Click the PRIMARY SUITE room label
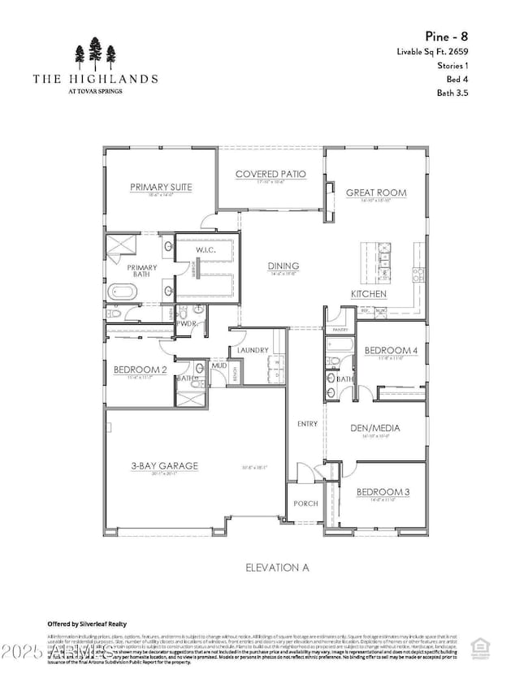pyautogui.click(x=161, y=188)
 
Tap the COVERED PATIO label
pyautogui.click(x=270, y=174)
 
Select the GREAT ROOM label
pyautogui.click(x=376, y=192)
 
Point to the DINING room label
pyautogui.click(x=283, y=266)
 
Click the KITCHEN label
pyautogui.click(x=368, y=293)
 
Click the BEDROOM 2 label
pyautogui.click(x=140, y=370)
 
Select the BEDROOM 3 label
pyautogui.click(x=381, y=492)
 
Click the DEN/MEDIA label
pyautogui.click(x=376, y=428)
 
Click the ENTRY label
pyautogui.click(x=308, y=424)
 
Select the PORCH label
pyautogui.click(x=305, y=504)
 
